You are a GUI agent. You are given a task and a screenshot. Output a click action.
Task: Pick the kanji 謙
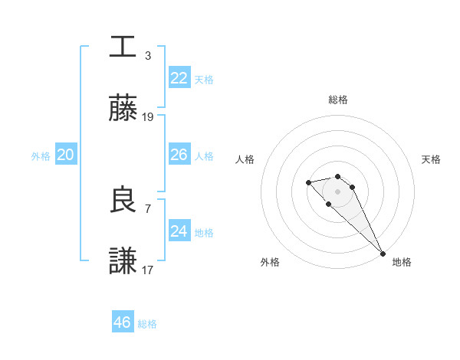(x=123, y=261)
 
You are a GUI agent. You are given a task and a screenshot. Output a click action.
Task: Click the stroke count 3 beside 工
(x=148, y=55)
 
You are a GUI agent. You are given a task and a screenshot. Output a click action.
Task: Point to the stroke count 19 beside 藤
(x=148, y=117)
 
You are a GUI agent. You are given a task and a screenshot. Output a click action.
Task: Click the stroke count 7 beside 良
(x=148, y=208)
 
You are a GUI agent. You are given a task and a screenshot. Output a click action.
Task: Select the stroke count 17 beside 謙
(x=148, y=270)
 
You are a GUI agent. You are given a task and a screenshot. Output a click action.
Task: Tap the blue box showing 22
(x=179, y=78)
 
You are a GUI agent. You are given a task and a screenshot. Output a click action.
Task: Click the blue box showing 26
(x=179, y=155)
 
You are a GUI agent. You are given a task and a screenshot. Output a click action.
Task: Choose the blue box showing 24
(x=179, y=231)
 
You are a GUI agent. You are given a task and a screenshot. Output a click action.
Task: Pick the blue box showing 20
(x=65, y=155)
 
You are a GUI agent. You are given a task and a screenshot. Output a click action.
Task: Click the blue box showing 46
(x=122, y=322)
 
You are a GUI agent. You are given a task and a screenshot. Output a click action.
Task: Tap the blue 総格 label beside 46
(x=147, y=324)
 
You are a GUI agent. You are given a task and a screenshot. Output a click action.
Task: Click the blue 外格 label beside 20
(x=41, y=156)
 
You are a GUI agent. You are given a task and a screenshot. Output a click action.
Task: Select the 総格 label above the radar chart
(x=338, y=100)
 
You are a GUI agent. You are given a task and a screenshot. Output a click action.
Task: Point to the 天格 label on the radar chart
(x=431, y=159)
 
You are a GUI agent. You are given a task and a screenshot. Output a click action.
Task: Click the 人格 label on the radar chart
(x=245, y=159)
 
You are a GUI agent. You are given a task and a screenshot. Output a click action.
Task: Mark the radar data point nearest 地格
(x=383, y=254)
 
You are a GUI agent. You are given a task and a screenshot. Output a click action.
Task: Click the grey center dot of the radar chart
(x=338, y=191)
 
